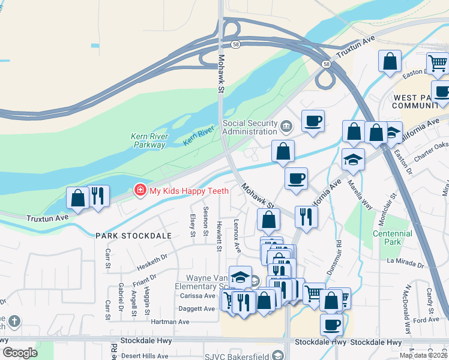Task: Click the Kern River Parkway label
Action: [x=148, y=140]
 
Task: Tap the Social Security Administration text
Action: [x=250, y=127]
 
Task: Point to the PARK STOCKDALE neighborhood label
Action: [x=133, y=236]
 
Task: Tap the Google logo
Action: [x=20, y=352]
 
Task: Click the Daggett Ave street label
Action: [x=197, y=309]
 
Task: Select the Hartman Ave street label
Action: [x=170, y=322]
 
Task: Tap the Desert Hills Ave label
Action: [x=145, y=355]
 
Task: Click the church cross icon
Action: [x=14, y=321]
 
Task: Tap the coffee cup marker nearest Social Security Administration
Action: [x=313, y=121]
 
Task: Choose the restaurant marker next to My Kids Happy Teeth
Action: [x=98, y=196]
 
